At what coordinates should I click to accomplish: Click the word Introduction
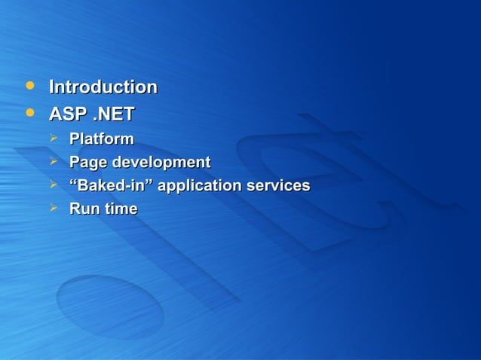pos(103,87)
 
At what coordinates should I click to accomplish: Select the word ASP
pos(66,114)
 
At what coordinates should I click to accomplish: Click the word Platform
pos(102,139)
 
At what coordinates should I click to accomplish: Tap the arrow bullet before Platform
pos(54,138)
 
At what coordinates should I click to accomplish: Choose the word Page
pos(88,163)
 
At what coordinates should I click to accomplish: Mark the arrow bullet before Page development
pos(54,161)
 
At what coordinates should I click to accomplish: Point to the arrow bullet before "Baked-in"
pos(54,184)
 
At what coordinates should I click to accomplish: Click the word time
pos(121,209)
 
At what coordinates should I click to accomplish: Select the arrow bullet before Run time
pos(54,207)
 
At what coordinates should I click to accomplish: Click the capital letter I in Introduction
pos(52,87)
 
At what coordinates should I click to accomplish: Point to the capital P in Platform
pos(75,139)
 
